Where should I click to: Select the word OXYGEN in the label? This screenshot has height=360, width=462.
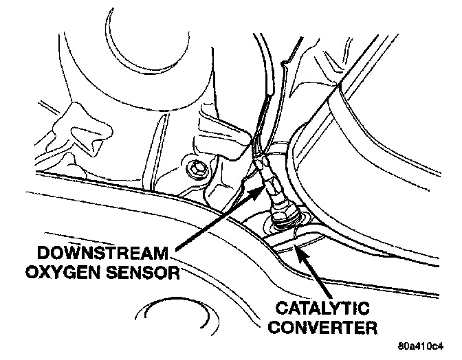click(65, 273)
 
